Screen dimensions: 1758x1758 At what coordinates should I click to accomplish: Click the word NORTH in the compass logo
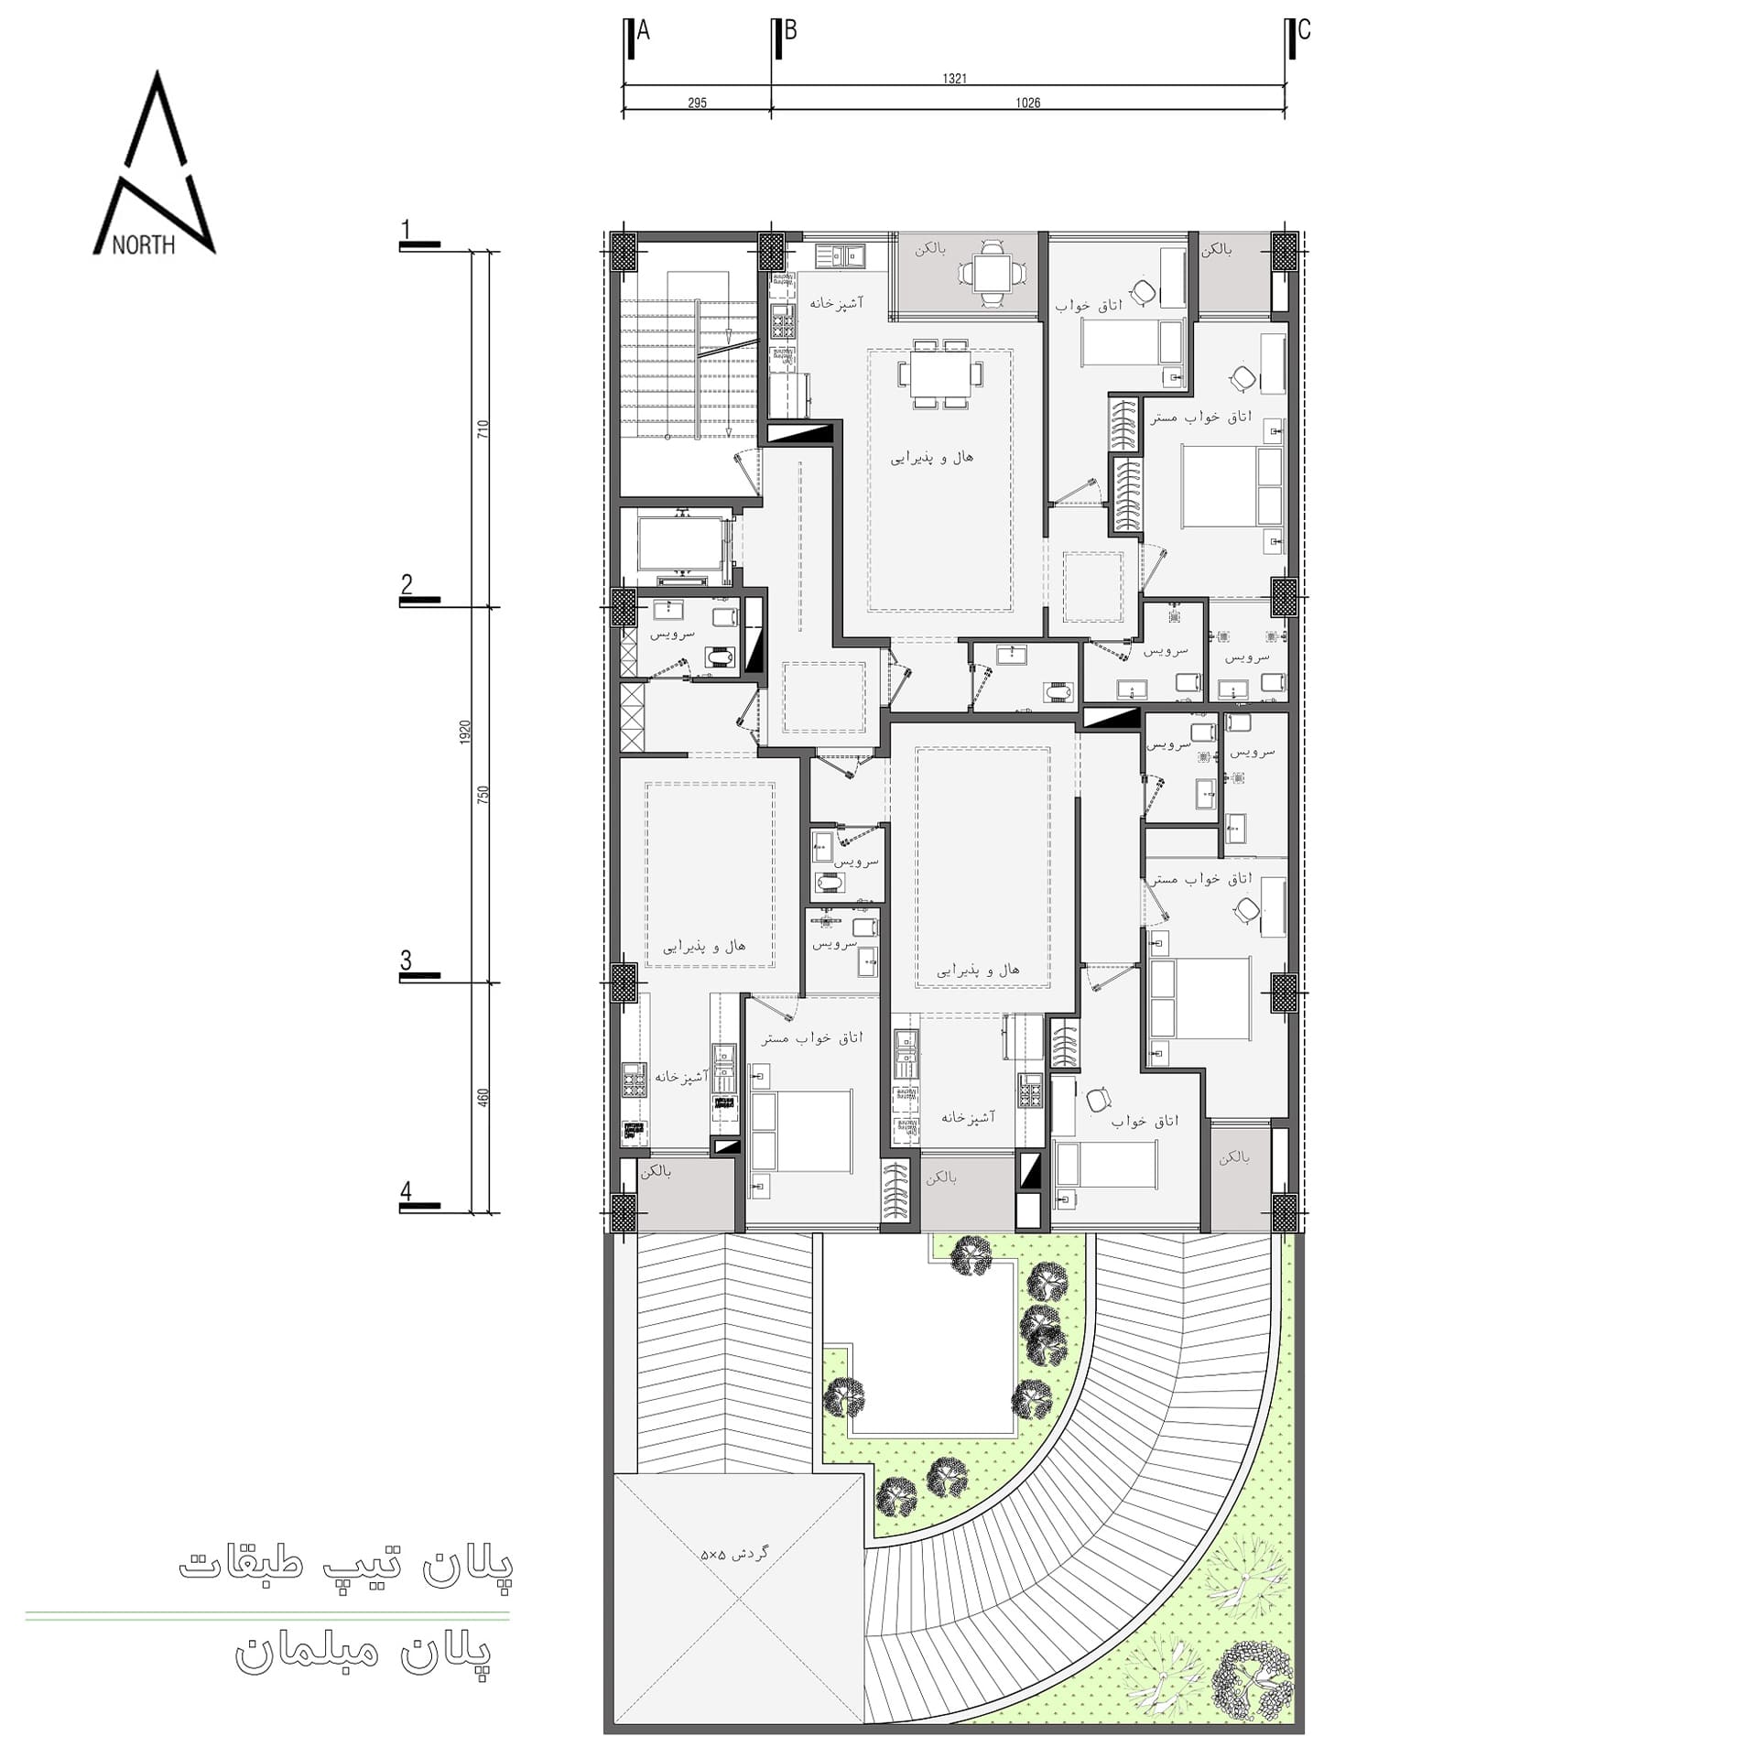[x=144, y=244]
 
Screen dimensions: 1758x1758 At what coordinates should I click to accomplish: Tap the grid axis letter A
[x=643, y=31]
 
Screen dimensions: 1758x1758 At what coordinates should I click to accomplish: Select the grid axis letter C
[x=1304, y=30]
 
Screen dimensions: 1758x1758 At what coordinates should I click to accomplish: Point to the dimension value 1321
[x=954, y=79]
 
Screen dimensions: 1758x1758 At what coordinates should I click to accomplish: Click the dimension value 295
[x=697, y=103]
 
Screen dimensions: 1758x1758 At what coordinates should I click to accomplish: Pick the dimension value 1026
[x=1027, y=103]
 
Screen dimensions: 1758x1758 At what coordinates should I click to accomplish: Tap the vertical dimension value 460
[x=483, y=1097]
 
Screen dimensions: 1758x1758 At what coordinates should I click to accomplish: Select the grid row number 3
[x=407, y=960]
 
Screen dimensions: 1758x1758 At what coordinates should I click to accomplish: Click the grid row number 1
[x=407, y=230]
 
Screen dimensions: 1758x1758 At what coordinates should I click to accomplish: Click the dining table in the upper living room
[x=940, y=374]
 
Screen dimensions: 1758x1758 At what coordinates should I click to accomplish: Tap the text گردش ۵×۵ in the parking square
[x=734, y=1554]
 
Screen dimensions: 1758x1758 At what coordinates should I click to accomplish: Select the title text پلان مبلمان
[x=364, y=1653]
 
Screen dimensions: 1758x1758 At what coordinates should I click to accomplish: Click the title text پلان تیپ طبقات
[x=346, y=1565]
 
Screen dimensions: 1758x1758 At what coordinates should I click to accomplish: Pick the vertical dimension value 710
[x=483, y=429]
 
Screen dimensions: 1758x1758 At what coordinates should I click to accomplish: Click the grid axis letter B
[x=790, y=30]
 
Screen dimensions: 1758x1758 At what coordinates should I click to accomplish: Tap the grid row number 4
[x=407, y=1192]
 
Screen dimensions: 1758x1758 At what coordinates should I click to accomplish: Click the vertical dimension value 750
[x=483, y=794]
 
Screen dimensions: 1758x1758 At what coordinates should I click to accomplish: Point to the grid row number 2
[x=407, y=584]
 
